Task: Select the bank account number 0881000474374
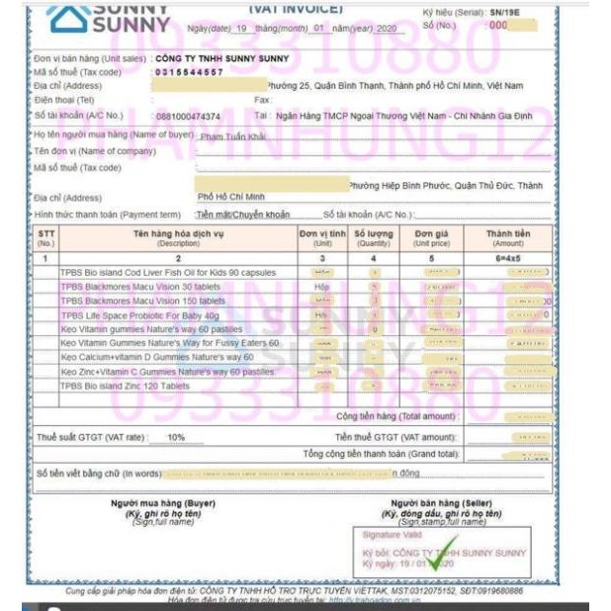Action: pos(188,116)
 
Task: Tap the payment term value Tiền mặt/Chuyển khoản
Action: pos(242,214)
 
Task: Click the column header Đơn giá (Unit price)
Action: pos(432,237)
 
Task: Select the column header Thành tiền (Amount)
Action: pos(508,237)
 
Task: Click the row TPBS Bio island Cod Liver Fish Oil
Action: pos(169,272)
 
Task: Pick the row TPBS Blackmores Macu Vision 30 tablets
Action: pos(140,287)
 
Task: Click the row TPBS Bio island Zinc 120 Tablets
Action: pos(125,386)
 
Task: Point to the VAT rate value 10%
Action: pos(176,436)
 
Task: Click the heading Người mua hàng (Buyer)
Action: pos(148,503)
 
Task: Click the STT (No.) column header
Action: pos(46,237)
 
